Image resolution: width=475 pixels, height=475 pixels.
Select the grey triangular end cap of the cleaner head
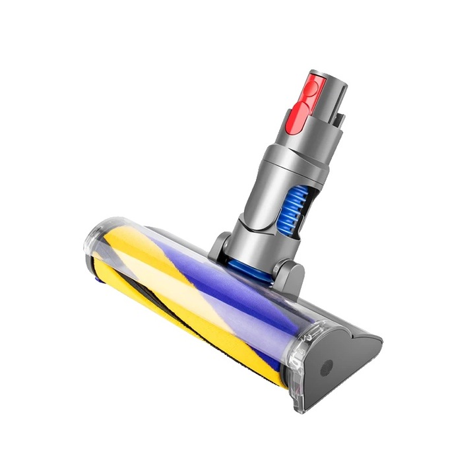343,356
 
